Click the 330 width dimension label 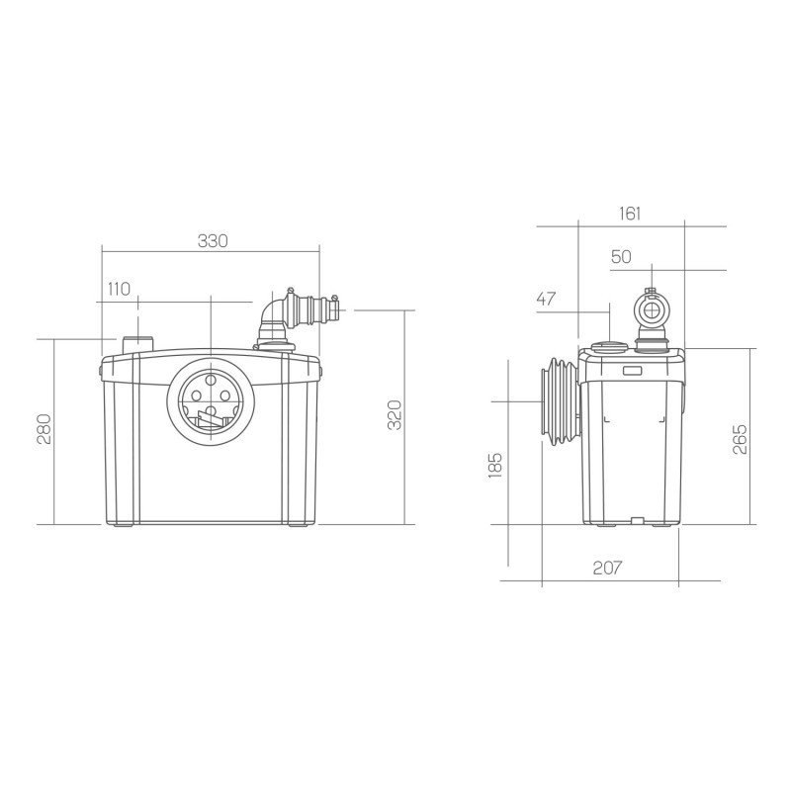(x=213, y=241)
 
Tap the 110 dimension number (x=119, y=289)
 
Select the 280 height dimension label (x=44, y=429)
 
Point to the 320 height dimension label (x=395, y=414)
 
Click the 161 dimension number (x=630, y=214)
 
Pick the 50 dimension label (x=621, y=257)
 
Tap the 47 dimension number (x=546, y=300)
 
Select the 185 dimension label (x=496, y=465)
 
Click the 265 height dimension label (x=740, y=439)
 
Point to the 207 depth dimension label (x=607, y=568)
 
